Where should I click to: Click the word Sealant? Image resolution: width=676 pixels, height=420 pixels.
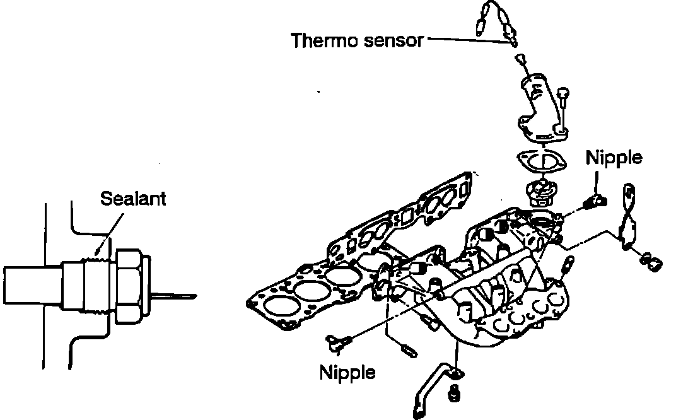133,199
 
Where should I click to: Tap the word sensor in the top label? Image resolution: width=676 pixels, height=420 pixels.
390,41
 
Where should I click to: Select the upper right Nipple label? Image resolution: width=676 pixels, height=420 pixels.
614,157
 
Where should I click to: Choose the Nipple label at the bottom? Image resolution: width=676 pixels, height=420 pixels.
347,372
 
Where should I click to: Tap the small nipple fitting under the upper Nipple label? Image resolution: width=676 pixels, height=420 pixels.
595,201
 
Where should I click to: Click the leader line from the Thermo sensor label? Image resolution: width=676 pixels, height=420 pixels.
467,39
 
